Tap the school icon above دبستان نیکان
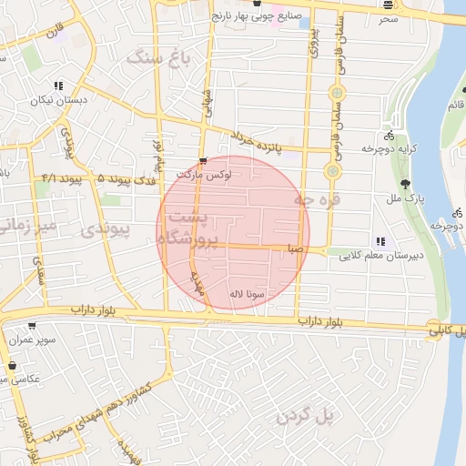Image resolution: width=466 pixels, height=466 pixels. (58, 86)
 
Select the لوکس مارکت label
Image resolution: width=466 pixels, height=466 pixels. (205, 174)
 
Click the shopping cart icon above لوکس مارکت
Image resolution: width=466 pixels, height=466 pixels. (215, 162)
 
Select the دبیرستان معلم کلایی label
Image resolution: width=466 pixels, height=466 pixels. (374, 257)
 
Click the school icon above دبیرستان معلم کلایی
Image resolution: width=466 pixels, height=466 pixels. (380, 242)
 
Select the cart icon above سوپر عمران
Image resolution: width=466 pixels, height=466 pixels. (32, 325)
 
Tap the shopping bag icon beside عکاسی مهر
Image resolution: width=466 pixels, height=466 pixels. (13, 366)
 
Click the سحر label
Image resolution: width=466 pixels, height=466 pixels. (390, 17)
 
